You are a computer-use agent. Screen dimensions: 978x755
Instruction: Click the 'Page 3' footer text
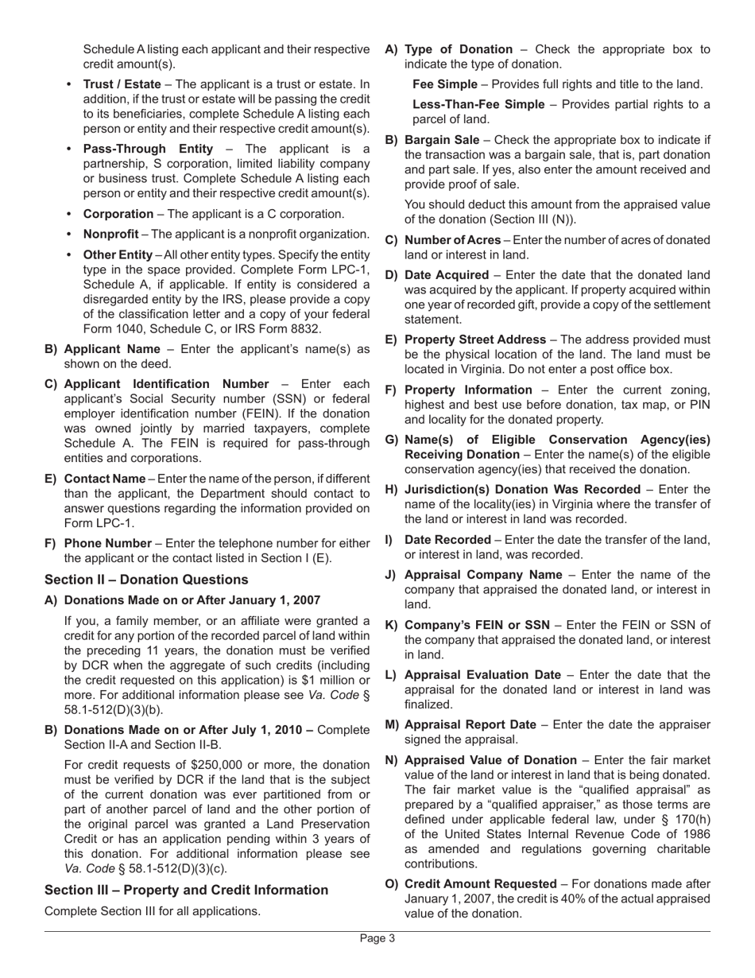point(377,938)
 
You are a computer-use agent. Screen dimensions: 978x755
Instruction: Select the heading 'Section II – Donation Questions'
point(146,579)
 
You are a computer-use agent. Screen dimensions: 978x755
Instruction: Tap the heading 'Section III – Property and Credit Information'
point(186,890)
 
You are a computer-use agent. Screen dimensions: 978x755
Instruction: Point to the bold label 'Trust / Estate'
point(122,83)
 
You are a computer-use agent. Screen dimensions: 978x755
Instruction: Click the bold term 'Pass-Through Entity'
point(148,149)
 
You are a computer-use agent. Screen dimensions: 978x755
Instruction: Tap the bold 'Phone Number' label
point(107,543)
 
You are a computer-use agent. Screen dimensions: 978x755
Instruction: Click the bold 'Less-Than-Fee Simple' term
point(478,104)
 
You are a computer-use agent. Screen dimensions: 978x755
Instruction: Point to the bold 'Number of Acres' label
point(452,240)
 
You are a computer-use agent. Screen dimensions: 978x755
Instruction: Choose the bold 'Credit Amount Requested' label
point(481,883)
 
